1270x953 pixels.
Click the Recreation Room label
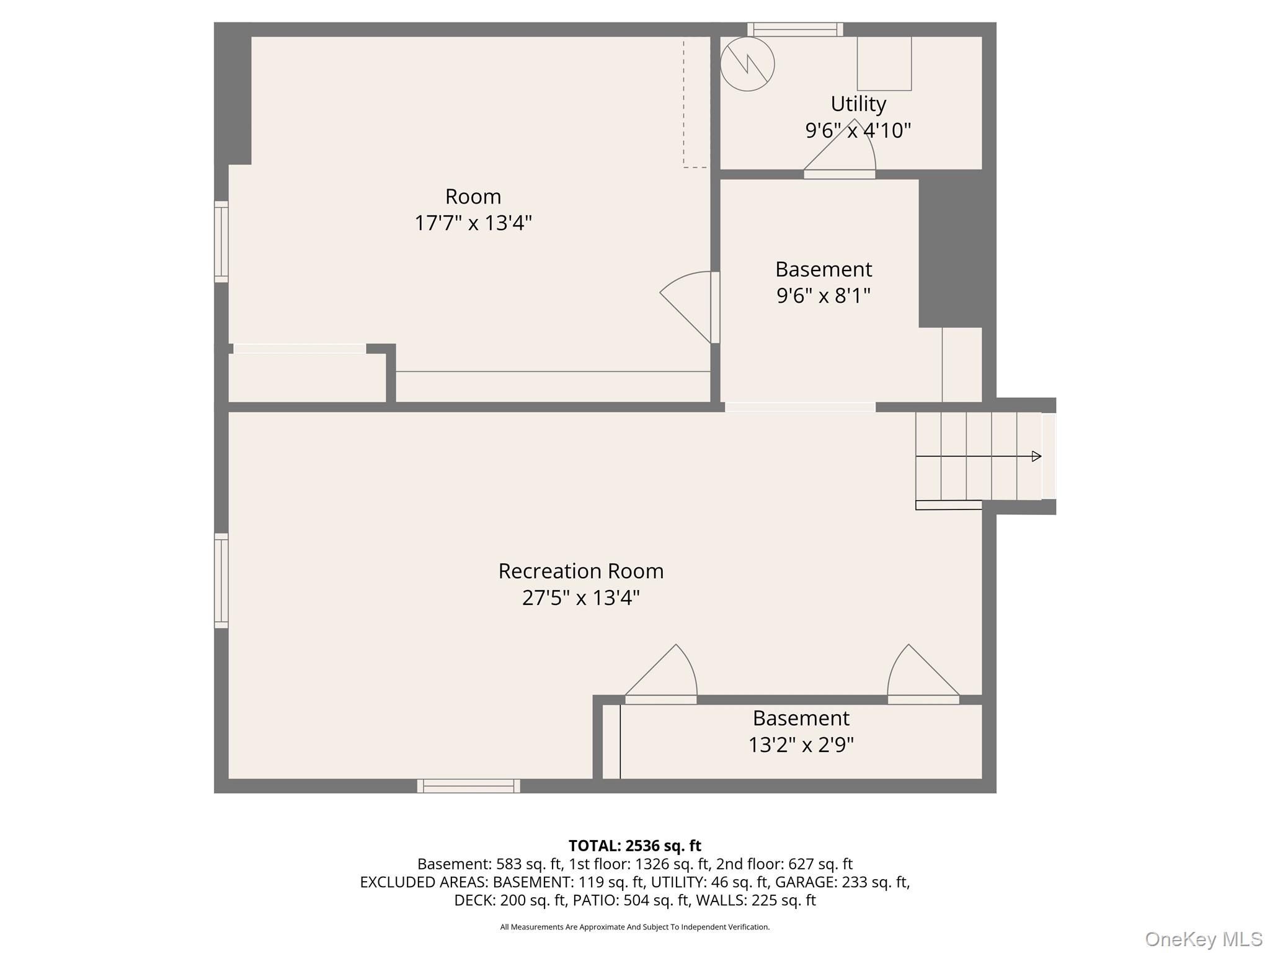point(580,571)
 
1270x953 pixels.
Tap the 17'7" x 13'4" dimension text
point(473,223)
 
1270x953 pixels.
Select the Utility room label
point(858,104)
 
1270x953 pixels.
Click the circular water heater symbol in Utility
point(747,64)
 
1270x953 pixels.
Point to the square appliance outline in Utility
point(884,63)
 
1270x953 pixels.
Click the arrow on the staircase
point(1036,457)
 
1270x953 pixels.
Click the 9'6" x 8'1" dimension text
point(823,296)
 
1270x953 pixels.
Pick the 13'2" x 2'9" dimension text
point(801,745)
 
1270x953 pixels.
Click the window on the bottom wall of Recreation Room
point(468,786)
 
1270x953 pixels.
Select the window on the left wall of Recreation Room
point(221,581)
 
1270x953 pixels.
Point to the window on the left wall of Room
point(221,242)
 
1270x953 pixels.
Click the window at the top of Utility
point(795,29)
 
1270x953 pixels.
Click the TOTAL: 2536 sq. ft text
point(634,846)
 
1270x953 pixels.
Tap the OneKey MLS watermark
point(1203,939)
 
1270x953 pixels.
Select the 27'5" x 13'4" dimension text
point(580,598)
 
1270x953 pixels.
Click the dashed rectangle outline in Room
point(696,102)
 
